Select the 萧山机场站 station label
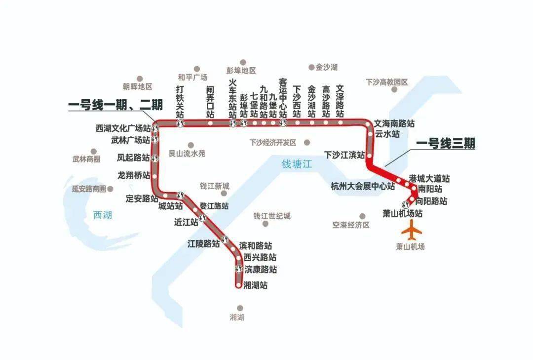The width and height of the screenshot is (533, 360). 403,214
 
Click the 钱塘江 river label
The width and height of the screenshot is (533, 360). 297,164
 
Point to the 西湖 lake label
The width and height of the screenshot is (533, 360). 103,214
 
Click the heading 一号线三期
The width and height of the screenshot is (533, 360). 445,143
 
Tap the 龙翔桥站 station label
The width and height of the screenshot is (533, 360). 134,175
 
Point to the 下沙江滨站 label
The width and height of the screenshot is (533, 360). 344,155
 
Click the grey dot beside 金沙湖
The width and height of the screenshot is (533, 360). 311,67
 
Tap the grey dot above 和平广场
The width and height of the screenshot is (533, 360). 196,69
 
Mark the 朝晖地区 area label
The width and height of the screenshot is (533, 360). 138,87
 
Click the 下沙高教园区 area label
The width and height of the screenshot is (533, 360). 387,82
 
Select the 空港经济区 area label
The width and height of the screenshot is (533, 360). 351,225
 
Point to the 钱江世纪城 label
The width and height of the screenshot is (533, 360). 272,216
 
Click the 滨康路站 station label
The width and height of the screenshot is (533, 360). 261,270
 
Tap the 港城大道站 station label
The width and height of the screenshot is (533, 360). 429,178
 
